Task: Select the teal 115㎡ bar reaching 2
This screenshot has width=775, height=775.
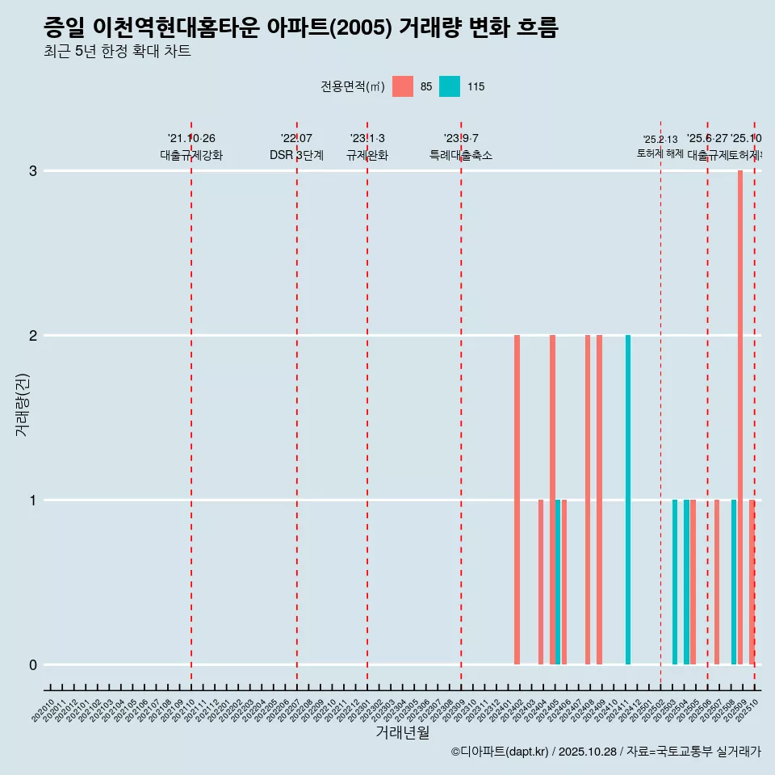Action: pyautogui.click(x=628, y=500)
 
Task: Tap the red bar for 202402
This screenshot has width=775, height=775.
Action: pyautogui.click(x=517, y=500)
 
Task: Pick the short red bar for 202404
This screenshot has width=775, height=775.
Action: pyautogui.click(x=541, y=582)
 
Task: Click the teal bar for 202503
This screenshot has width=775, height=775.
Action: pyautogui.click(x=675, y=582)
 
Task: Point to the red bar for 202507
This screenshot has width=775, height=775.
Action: pyautogui.click(x=716, y=582)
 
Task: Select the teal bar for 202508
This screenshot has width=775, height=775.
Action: pyautogui.click(x=734, y=582)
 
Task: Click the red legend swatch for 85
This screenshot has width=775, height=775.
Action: pyautogui.click(x=403, y=86)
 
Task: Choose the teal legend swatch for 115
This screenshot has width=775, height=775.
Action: pyautogui.click(x=450, y=86)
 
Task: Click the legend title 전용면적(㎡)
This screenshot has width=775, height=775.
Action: pyautogui.click(x=353, y=86)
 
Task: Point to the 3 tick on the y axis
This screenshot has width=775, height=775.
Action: pyautogui.click(x=33, y=171)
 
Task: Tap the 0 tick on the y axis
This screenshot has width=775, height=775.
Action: pyautogui.click(x=33, y=665)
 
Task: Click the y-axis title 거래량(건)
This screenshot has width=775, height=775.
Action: pyautogui.click(x=22, y=404)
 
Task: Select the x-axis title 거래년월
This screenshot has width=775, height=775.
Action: pyautogui.click(x=402, y=733)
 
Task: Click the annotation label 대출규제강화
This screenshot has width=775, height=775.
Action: pyautogui.click(x=191, y=155)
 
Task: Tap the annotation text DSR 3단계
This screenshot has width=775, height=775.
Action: pyautogui.click(x=296, y=155)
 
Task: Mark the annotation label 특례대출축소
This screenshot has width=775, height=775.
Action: pyautogui.click(x=461, y=155)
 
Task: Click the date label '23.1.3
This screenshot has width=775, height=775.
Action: pyautogui.click(x=367, y=139)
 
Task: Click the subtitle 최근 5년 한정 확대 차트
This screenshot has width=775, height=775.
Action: pyautogui.click(x=117, y=52)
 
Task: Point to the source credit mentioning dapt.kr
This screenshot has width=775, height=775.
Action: pyautogui.click(x=605, y=752)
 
